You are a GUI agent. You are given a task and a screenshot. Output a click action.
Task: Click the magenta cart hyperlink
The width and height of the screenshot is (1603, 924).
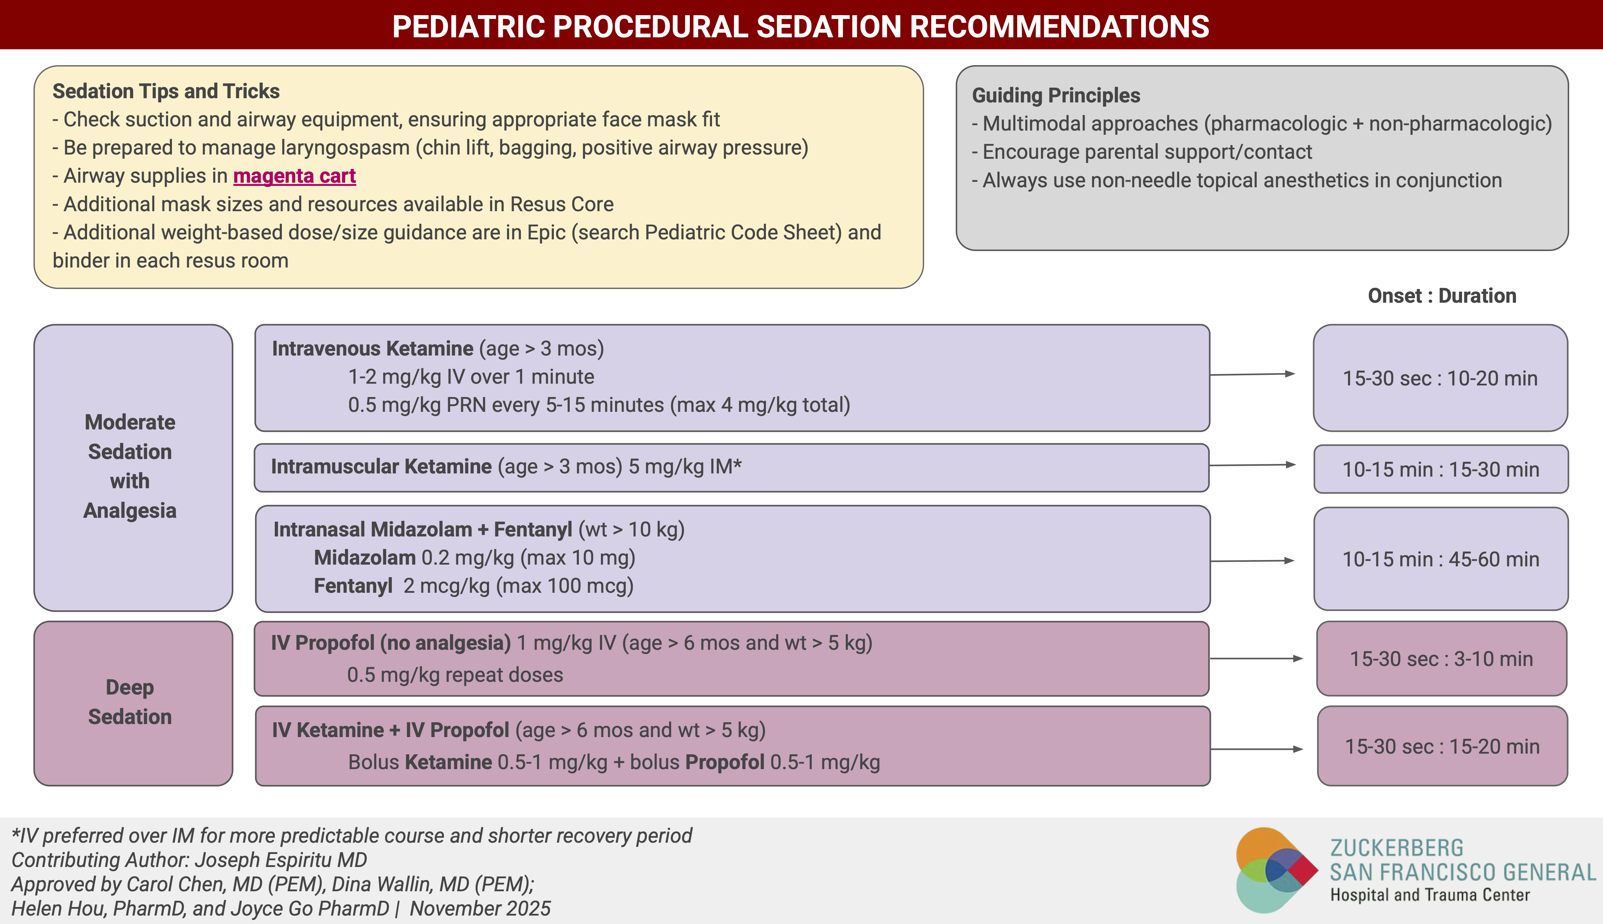tap(294, 176)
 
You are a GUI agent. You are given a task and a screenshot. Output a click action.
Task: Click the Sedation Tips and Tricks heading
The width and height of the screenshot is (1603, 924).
tap(166, 92)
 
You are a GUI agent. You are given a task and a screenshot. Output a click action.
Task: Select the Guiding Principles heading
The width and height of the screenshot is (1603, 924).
tap(1056, 95)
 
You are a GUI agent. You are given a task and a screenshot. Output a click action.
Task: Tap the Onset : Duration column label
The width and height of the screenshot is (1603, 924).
tap(1442, 296)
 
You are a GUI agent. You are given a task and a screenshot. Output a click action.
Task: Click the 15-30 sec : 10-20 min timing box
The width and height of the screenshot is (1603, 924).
tap(1440, 378)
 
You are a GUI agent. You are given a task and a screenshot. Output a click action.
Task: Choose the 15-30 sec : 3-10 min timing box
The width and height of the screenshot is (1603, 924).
tap(1441, 659)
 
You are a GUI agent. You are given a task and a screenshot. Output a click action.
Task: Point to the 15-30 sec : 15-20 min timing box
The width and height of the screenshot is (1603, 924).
tap(1442, 746)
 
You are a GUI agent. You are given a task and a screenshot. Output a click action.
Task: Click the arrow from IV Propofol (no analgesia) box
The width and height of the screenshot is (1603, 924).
tap(1256, 659)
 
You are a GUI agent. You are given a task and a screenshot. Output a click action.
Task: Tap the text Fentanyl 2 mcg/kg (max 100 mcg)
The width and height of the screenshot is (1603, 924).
tap(473, 586)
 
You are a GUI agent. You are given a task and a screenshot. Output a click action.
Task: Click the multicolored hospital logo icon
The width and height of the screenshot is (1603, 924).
tap(1275, 870)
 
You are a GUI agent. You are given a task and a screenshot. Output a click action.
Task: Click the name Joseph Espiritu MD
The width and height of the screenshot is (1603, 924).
tap(281, 860)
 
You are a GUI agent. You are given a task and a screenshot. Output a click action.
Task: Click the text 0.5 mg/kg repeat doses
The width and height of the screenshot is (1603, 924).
tap(455, 674)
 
